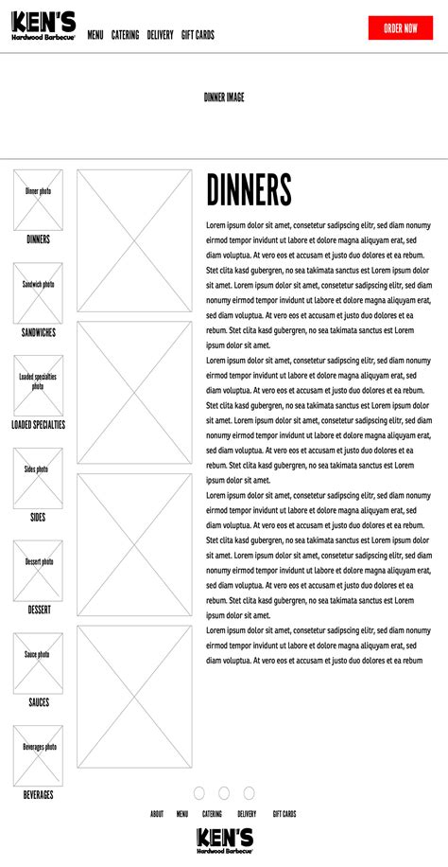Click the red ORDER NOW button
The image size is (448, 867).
coord(400,28)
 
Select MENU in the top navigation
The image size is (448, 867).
coord(95,35)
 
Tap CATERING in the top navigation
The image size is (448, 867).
coord(125,35)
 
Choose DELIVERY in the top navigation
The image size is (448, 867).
coord(160,35)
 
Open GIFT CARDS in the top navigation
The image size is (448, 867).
coord(198,35)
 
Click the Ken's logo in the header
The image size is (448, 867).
coord(43,27)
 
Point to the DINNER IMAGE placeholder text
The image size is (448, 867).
coord(224,97)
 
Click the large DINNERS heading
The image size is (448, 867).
coord(249,190)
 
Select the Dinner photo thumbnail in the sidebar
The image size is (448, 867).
coord(38,200)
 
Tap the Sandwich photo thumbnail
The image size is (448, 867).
coord(38,292)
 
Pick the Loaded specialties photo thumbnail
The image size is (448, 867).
coord(38,385)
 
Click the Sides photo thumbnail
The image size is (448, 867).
coord(38,478)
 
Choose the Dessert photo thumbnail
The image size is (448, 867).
coord(38,571)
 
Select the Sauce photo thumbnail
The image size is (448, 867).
coord(38,664)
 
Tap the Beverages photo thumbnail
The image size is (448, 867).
coord(38,755)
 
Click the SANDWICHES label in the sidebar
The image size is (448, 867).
coord(39,333)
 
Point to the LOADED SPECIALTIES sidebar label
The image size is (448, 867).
coord(39,425)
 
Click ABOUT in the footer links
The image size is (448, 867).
coord(157,814)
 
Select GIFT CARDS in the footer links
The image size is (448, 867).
coord(284,814)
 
